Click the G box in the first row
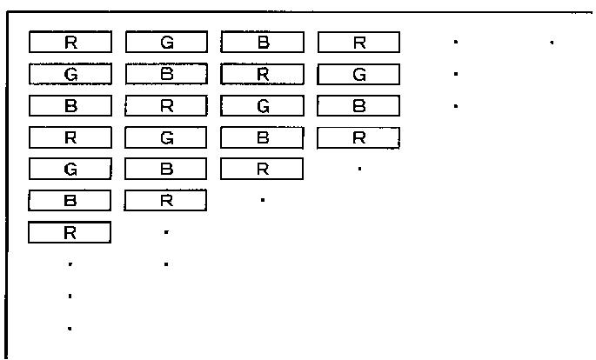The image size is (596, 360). [166, 42]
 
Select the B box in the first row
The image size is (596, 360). [262, 42]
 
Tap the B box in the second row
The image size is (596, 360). [166, 74]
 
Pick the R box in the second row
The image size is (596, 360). [262, 74]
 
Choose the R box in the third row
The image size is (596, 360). [166, 106]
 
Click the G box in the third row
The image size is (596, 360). [262, 106]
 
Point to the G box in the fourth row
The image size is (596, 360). [166, 137]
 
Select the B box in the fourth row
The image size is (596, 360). [262, 137]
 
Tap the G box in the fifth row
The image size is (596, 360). [70, 170]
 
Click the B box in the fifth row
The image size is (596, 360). [166, 170]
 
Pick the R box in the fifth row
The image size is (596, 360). [262, 170]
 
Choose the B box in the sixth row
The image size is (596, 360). [70, 201]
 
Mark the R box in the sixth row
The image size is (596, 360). [166, 201]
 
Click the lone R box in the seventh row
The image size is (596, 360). [70, 232]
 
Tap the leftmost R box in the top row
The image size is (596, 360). [70, 42]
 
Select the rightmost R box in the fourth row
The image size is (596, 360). [358, 137]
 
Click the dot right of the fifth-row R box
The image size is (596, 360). [359, 169]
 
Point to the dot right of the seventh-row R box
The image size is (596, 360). [166, 232]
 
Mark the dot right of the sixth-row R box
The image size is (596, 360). [263, 201]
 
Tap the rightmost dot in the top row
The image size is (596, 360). [552, 42]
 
